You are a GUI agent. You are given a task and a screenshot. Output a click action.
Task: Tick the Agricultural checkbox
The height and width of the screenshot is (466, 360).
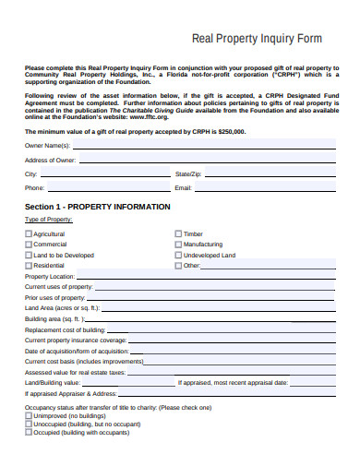coord(28,234)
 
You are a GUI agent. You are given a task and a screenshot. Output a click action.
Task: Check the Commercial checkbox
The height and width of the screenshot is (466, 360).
coord(28,245)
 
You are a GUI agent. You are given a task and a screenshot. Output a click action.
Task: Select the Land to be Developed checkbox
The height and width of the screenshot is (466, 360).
coord(28,256)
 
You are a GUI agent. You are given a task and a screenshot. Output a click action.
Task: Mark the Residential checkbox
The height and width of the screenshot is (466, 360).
coord(28,266)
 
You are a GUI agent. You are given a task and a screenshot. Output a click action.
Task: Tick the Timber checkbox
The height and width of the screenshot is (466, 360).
coord(178,234)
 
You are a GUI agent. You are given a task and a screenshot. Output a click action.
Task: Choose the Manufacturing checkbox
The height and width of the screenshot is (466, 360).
coord(178,245)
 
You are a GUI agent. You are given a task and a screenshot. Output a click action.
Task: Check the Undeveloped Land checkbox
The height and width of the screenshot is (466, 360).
coord(178,256)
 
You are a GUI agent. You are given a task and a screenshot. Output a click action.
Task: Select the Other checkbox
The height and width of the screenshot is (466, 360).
coord(178,266)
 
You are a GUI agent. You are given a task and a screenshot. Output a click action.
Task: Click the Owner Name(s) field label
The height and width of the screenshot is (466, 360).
coord(47,147)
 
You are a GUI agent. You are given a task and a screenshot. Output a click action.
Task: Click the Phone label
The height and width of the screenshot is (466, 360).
coord(34,187)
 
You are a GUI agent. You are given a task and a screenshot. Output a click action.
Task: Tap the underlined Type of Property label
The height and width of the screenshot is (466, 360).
coord(47,220)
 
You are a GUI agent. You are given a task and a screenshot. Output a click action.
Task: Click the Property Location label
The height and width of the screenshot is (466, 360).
coord(50,277)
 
